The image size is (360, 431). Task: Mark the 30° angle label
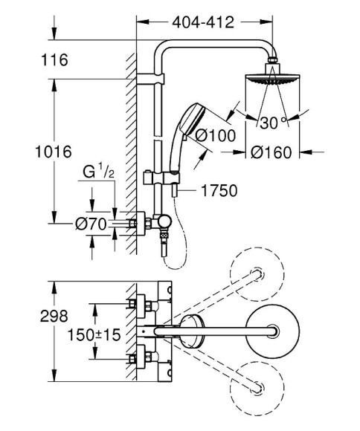(x=271, y=121)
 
